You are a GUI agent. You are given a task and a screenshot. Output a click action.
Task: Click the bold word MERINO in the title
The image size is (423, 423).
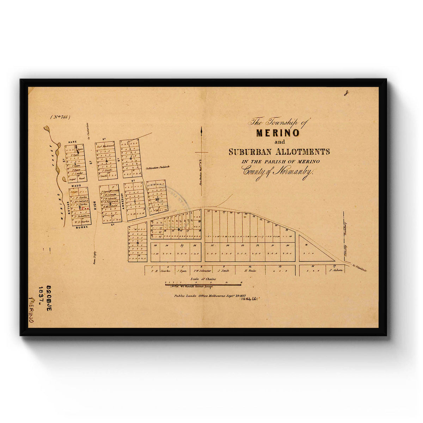(x=278, y=133)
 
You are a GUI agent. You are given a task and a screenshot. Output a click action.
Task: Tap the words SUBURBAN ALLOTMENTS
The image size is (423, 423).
(x=279, y=152)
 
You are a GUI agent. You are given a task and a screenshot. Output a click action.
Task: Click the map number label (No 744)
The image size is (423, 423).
(x=60, y=117)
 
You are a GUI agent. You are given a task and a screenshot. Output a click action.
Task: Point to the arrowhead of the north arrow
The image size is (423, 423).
(x=201, y=129)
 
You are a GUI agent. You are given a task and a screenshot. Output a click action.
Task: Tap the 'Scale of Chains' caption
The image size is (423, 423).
(x=203, y=279)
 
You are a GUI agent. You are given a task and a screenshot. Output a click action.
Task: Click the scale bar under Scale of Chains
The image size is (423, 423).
(x=203, y=284)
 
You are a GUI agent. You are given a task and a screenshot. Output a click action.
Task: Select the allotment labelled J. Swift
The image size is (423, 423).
(x=223, y=271)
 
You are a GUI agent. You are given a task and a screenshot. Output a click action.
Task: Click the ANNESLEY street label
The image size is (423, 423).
(x=123, y=201)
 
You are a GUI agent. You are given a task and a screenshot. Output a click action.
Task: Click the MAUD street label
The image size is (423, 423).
(x=76, y=185)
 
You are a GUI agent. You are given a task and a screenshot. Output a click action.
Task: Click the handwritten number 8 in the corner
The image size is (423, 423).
(x=347, y=93)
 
